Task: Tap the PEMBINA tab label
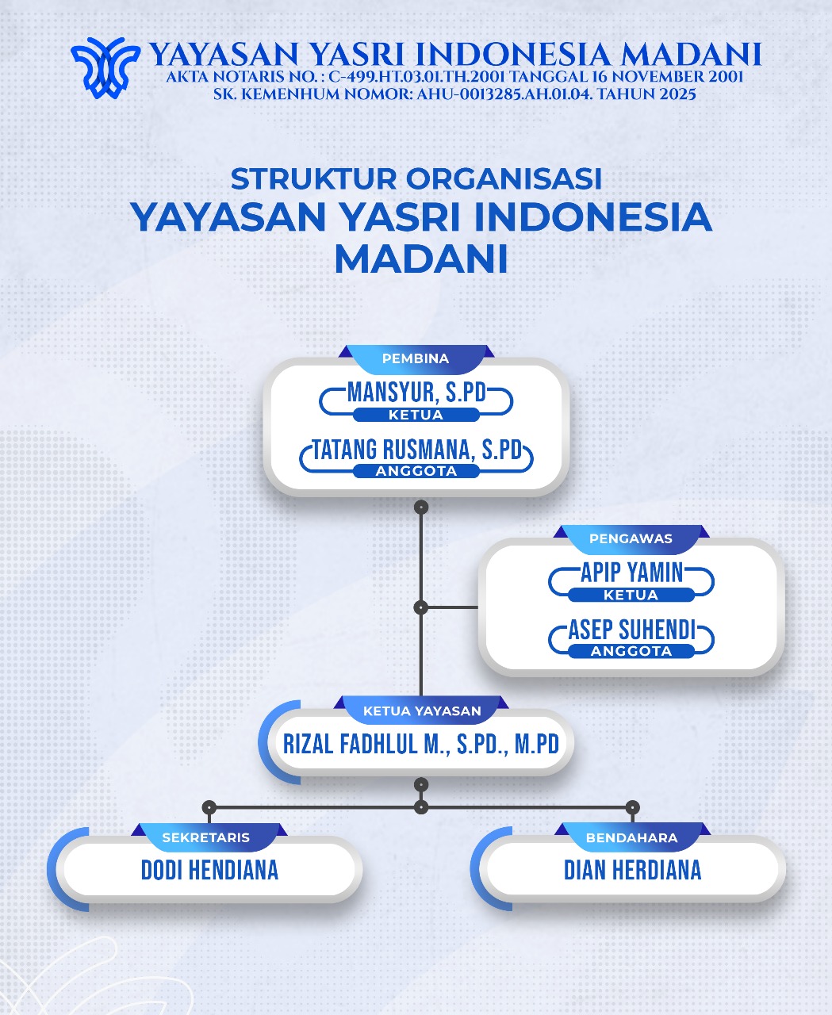[x=416, y=358]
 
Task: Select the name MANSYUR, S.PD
[x=416, y=392]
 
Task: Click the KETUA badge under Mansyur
[x=416, y=415]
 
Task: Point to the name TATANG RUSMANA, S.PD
[x=416, y=450]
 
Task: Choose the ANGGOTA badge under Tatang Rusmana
[x=416, y=471]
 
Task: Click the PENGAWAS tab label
[x=631, y=538]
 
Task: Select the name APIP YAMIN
[x=631, y=572]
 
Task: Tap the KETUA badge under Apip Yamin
[x=631, y=595]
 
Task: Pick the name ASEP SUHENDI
[x=631, y=630]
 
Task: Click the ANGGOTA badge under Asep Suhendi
[x=631, y=651]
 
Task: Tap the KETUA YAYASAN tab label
[x=422, y=710]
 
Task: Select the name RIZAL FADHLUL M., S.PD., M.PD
[x=421, y=744]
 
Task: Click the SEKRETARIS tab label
[x=206, y=837]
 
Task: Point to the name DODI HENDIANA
[x=210, y=870]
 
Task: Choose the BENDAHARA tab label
[x=631, y=837]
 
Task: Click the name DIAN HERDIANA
[x=632, y=870]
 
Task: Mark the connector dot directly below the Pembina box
[x=421, y=506]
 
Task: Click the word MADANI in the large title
[x=420, y=259]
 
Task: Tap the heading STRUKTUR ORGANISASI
[x=416, y=178]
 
